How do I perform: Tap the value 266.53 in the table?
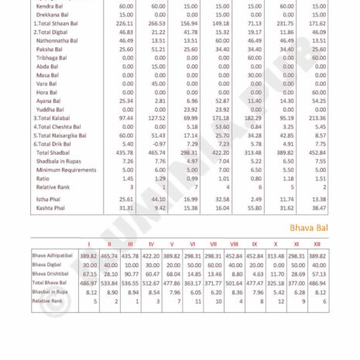coord(159,23)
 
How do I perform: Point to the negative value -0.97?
coord(159,144)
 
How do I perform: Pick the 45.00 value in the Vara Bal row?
coord(159,84)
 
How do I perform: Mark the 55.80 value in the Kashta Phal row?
coord(254,208)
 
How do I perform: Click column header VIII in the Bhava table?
coord(234,244)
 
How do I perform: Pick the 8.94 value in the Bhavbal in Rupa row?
coord(132,293)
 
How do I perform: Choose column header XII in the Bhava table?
coord(317,244)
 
